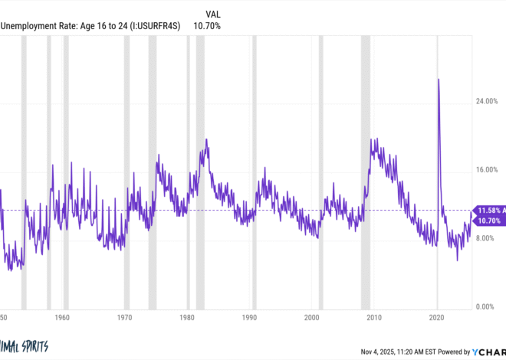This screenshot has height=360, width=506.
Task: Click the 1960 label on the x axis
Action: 62,316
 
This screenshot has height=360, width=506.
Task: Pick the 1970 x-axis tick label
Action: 125,316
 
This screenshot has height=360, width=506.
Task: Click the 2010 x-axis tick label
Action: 374,316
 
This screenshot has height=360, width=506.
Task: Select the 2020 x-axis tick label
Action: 436,316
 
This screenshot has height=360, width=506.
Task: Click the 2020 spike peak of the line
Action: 438,79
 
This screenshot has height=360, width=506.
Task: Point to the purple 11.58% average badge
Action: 490,210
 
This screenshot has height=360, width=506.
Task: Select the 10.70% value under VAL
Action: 208,26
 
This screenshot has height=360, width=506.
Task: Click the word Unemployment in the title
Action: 28,26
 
